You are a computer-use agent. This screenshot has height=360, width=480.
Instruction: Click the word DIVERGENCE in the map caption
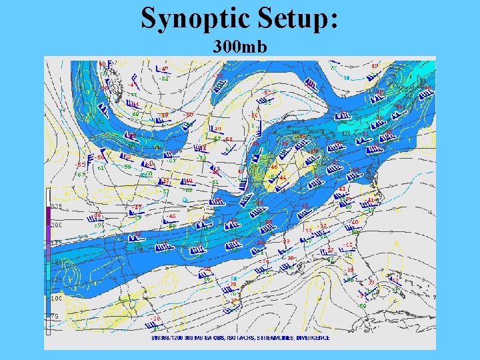click(x=313, y=338)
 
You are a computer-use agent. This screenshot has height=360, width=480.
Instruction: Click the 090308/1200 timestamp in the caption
click(x=167, y=338)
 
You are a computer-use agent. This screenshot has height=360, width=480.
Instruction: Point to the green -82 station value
click(x=164, y=78)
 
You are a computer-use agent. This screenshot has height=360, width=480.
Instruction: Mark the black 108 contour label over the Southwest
click(x=139, y=249)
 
